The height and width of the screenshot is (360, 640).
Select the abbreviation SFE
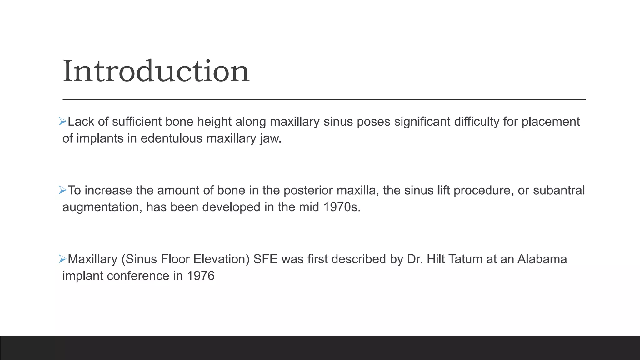tap(265, 259)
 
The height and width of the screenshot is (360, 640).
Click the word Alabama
tap(542, 259)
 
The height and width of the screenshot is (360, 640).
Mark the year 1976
tap(201, 276)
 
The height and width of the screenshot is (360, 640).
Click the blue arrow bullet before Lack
tap(62, 121)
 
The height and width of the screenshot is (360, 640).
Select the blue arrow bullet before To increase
tap(62, 190)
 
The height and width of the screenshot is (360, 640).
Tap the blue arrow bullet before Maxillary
tap(62, 259)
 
